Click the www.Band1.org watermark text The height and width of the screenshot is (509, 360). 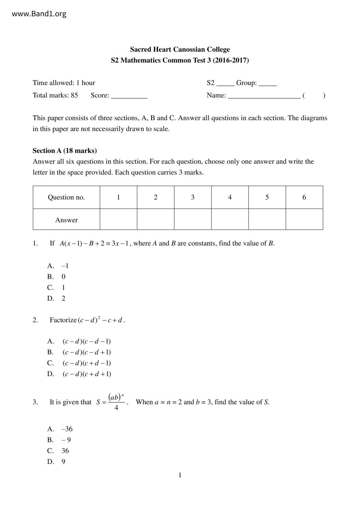coord(39,14)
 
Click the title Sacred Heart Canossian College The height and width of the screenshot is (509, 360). coord(180,49)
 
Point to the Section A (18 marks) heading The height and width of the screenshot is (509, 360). coord(64,151)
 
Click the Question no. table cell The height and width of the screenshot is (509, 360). coord(66,197)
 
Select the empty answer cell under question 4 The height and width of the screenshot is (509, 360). coord(230,219)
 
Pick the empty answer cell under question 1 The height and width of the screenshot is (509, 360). coord(118,219)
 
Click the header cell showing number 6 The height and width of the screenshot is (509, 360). coord(304,197)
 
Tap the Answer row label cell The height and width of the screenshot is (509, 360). coord(66,220)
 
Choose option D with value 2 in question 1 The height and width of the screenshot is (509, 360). coord(56,298)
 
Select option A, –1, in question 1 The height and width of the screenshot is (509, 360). coord(58,266)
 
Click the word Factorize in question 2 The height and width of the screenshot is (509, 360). coord(63,320)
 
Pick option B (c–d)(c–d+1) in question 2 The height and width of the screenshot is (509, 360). coord(79,352)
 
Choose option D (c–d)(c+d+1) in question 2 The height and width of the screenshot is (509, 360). coord(79,374)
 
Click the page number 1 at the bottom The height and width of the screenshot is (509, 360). coord(180,475)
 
